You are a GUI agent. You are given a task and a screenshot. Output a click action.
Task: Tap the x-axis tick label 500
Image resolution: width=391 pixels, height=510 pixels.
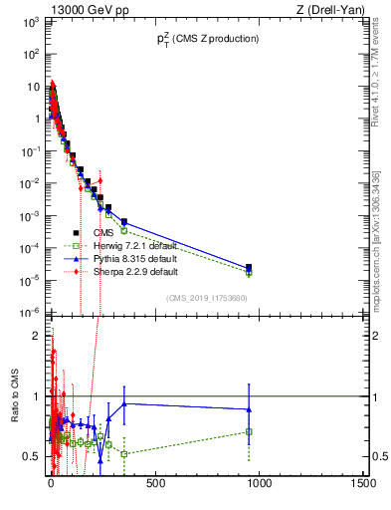point(154,485)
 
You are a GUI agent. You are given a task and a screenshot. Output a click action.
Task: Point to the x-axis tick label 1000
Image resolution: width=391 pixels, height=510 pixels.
point(259,485)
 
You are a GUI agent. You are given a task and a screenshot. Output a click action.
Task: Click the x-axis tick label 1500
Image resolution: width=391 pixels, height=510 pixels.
point(362,485)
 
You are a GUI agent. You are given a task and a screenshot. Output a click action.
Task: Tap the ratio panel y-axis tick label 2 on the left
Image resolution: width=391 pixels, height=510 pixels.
point(35,336)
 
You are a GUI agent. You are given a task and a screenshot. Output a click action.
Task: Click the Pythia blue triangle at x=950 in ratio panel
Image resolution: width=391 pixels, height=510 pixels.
point(249,409)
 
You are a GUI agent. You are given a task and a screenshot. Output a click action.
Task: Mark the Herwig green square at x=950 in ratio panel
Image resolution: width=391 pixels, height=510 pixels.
point(249,431)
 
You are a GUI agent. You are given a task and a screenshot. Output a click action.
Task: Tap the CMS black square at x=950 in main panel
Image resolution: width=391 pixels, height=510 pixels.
point(249,267)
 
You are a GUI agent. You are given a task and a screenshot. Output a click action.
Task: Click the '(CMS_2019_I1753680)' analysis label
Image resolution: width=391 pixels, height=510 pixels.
point(207,298)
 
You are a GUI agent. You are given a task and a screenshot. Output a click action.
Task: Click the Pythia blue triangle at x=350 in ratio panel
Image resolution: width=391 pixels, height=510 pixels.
point(124,403)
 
